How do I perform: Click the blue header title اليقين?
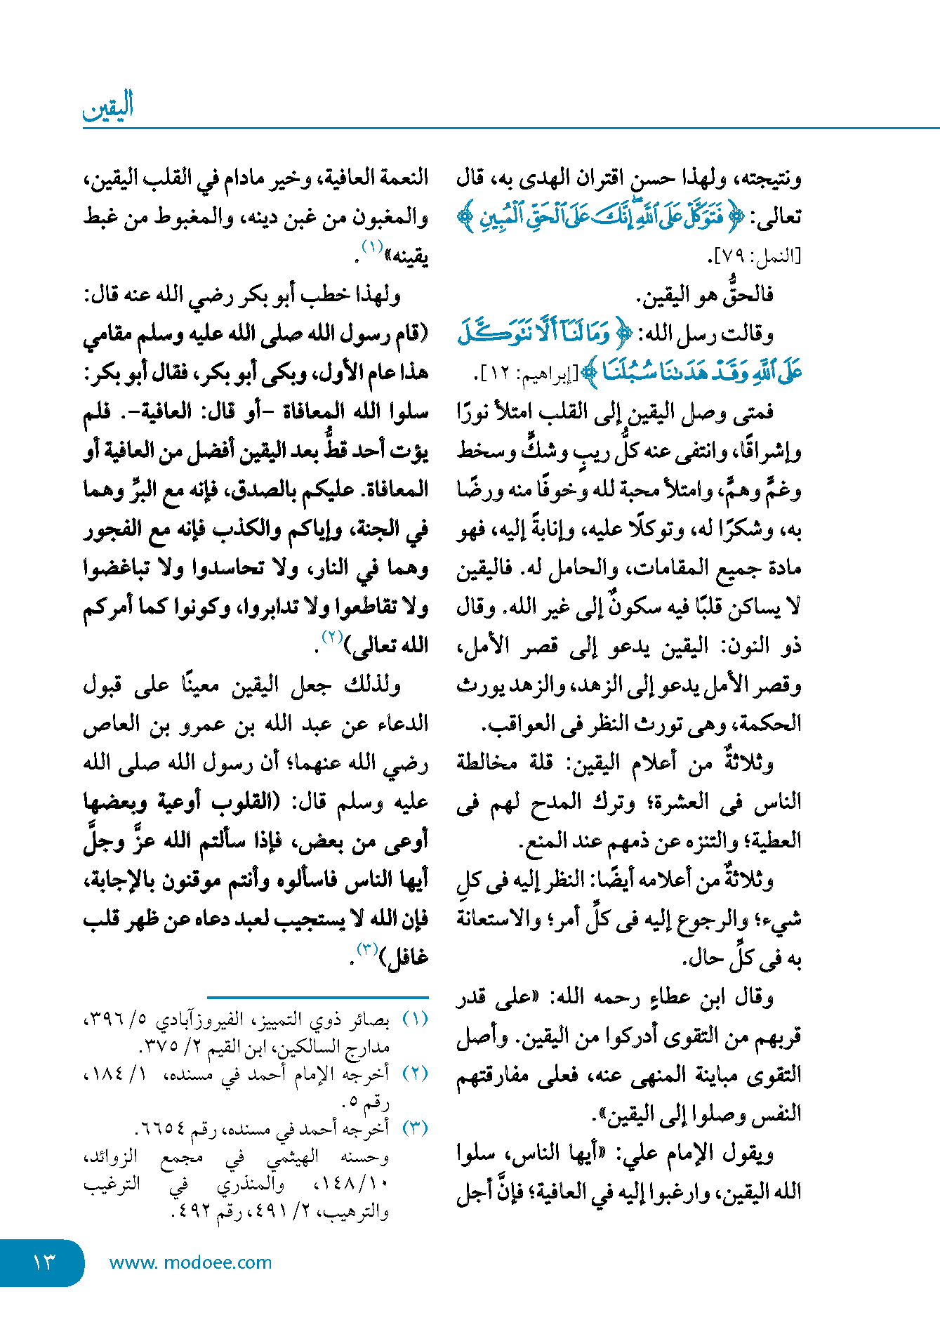click(x=108, y=107)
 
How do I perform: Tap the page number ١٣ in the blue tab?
click(x=44, y=1262)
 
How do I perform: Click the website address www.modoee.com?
click(x=190, y=1262)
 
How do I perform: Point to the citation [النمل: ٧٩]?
click(x=755, y=256)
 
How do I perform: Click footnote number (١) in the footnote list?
click(x=415, y=1019)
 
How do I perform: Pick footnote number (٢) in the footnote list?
click(x=415, y=1074)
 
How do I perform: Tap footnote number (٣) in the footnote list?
click(x=415, y=1128)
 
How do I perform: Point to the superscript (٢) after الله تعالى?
click(x=332, y=637)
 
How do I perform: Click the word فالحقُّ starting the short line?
click(x=747, y=295)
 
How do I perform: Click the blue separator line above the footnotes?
click(x=317, y=997)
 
